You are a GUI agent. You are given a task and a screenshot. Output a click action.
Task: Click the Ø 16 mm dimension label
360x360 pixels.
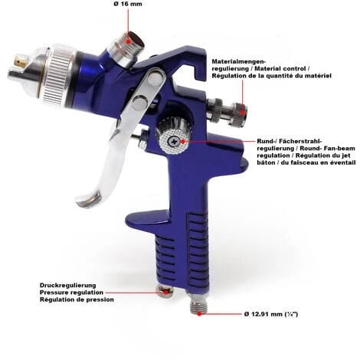[128, 4]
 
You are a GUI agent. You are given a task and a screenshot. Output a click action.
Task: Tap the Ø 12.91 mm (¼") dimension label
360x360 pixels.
[271, 314]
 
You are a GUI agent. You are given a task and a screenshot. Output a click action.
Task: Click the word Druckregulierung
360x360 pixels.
[68, 285]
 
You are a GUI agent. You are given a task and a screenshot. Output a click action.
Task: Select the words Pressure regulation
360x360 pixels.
[71, 293]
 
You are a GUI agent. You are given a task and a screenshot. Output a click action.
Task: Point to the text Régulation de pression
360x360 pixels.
[77, 299]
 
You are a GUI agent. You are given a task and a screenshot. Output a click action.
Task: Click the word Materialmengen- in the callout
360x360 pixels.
[239, 61]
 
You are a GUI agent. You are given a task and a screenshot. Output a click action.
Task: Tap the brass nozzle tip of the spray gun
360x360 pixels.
[20, 60]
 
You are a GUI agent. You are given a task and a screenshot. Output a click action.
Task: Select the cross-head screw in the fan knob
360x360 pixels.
[175, 141]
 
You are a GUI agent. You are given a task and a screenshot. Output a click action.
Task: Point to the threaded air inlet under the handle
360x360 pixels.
[198, 304]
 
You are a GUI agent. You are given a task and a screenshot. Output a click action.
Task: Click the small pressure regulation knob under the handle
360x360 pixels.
[165, 291]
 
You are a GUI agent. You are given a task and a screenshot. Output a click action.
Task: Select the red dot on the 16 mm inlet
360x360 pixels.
[129, 41]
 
